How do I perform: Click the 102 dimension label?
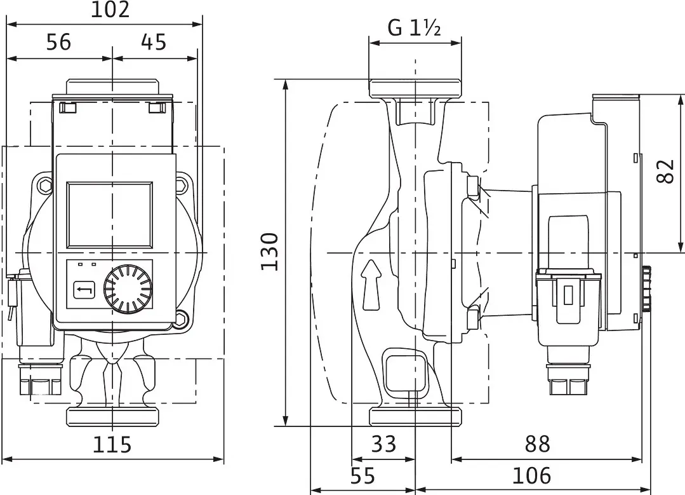[110, 10]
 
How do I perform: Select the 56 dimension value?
[58, 43]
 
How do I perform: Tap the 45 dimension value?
[154, 43]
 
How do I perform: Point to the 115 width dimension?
[112, 445]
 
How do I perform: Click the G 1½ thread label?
[414, 29]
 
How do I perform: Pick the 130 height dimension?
[270, 252]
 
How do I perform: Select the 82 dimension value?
[666, 172]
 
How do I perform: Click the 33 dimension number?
[383, 444]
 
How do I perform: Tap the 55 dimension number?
[362, 476]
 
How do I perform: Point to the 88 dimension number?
[537, 444]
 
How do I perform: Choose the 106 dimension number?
[531, 476]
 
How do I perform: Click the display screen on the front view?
[109, 214]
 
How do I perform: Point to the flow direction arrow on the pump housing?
[371, 284]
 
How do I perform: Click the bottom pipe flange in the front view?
[112, 416]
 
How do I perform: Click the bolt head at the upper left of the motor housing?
[44, 184]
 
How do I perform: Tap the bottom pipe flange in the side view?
[415, 416]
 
